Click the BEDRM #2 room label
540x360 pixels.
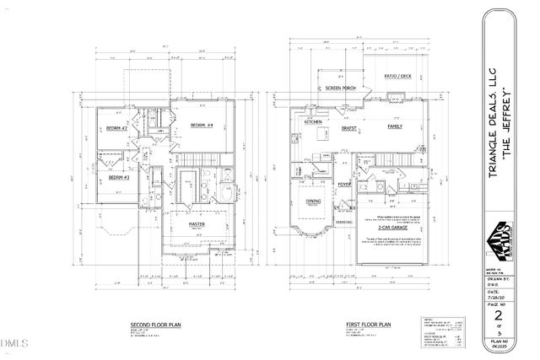(116, 128)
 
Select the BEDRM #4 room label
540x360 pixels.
(202, 126)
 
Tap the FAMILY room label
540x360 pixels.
(393, 126)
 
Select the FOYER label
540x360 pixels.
(344, 183)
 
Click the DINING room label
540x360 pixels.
(313, 201)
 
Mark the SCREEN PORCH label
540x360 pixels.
(333, 88)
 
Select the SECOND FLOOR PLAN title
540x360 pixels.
(152, 325)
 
